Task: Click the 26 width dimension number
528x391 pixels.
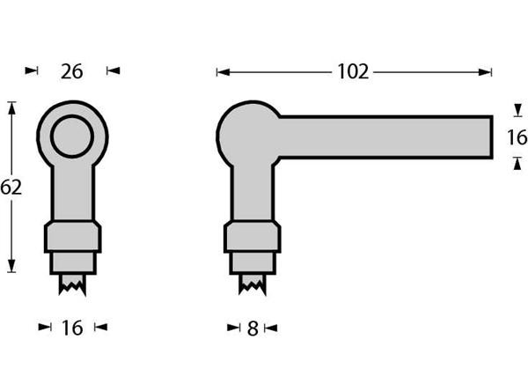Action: coord(72,71)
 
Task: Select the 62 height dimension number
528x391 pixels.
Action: coord(11,187)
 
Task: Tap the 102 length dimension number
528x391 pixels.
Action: coord(353,72)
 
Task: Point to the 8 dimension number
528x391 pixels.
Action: coord(253,328)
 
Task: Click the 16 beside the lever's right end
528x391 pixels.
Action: coord(517,137)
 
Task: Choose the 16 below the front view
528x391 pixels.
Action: coord(72,328)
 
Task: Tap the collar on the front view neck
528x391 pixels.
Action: coord(73,237)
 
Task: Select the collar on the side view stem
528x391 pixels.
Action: coord(253,237)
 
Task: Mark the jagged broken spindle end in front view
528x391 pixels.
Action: coord(73,284)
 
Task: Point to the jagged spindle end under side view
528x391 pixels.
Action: coord(253,284)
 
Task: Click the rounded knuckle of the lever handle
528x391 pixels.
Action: coord(246,134)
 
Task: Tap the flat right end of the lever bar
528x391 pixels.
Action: coord(489,137)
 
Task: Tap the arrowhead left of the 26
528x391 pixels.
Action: coord(33,70)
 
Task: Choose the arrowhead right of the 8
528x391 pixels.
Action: coord(269,328)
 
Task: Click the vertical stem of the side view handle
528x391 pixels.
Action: coord(253,194)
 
